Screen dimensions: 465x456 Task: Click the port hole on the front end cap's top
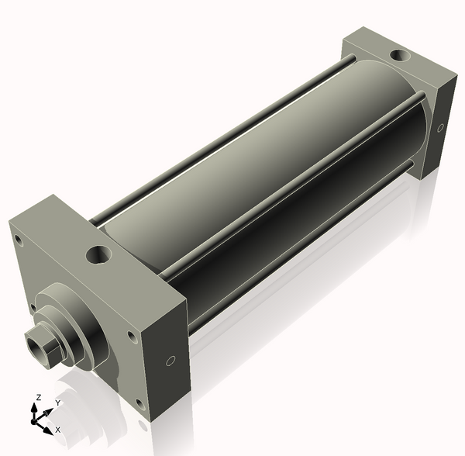click(x=98, y=255)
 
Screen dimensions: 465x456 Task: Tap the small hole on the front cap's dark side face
click(x=170, y=361)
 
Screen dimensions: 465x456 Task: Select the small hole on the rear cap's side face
click(x=441, y=128)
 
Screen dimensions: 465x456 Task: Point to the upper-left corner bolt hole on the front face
click(x=18, y=240)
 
